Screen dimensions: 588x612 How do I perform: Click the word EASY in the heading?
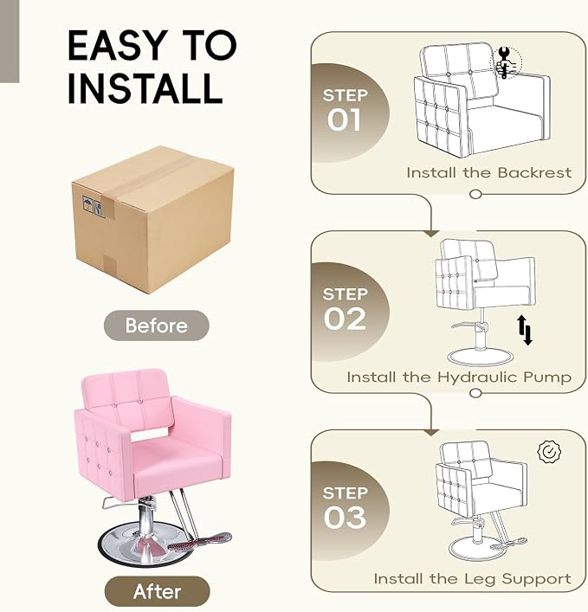[x=117, y=45]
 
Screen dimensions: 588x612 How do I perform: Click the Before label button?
[x=156, y=325]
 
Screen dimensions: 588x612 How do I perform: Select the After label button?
[x=157, y=591]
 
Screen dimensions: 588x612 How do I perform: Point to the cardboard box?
[x=153, y=219]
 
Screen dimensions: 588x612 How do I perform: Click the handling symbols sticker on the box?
[x=94, y=206]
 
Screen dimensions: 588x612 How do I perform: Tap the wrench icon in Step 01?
[x=505, y=63]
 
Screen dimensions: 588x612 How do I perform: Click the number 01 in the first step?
[x=344, y=119]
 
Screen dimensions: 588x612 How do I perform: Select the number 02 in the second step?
[x=345, y=319]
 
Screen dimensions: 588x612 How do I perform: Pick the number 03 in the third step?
[x=345, y=518]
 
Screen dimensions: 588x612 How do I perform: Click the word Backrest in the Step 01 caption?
[x=534, y=172]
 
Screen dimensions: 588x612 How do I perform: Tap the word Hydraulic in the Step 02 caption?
[x=477, y=377]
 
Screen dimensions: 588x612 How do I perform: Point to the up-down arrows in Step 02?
[x=525, y=330]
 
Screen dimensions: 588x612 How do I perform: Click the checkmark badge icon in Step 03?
[x=549, y=452]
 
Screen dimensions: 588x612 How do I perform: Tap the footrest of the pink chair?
[x=200, y=541]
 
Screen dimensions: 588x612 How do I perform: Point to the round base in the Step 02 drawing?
[x=480, y=358]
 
